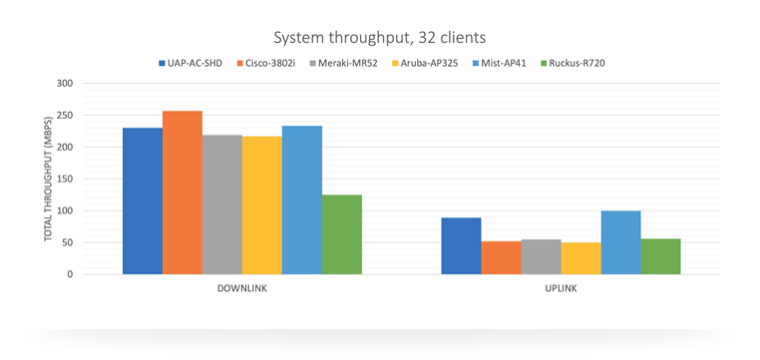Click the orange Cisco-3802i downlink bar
click(x=183, y=192)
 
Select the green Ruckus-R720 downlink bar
click(x=342, y=234)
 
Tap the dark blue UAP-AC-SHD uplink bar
click(x=461, y=246)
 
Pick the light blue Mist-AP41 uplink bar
click(x=621, y=242)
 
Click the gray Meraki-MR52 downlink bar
click(x=222, y=204)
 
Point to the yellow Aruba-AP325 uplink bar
click(x=581, y=258)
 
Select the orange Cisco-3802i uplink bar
click(x=501, y=257)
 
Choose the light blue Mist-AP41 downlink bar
click(x=302, y=200)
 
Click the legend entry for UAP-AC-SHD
click(x=190, y=63)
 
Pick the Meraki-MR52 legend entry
click(x=345, y=63)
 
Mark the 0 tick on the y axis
click(x=70, y=274)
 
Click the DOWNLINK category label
click(x=242, y=289)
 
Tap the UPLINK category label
click(x=562, y=289)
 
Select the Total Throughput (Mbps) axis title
click(x=48, y=179)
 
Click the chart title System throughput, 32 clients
click(x=380, y=38)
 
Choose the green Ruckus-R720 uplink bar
click(x=660, y=256)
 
